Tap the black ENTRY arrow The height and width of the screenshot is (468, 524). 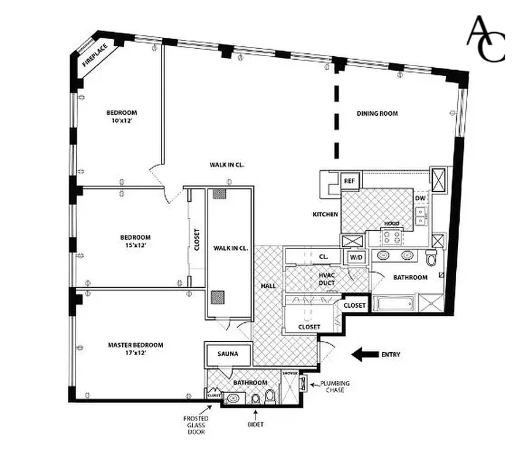tap(364, 354)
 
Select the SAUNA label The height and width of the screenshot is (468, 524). tap(227, 354)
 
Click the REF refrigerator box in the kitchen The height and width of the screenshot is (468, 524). tap(350, 181)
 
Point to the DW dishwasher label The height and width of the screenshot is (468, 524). tap(420, 198)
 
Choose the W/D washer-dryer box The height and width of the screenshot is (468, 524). tap(356, 257)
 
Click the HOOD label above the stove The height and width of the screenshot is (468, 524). tap(391, 224)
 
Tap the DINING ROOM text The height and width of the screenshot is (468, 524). tap(377, 113)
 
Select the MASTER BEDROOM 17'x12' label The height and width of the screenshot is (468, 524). tap(136, 349)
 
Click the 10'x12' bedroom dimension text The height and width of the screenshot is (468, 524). tap(122, 121)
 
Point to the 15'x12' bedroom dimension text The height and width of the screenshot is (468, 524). tap(136, 245)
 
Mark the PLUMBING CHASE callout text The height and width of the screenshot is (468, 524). tap(332, 387)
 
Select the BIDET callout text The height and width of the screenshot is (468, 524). tap(255, 424)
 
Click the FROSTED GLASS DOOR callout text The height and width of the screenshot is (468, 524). tap(196, 425)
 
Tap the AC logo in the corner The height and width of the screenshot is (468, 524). tap(485, 39)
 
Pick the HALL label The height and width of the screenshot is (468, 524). tap(270, 285)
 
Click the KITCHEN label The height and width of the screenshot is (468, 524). tap(325, 215)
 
